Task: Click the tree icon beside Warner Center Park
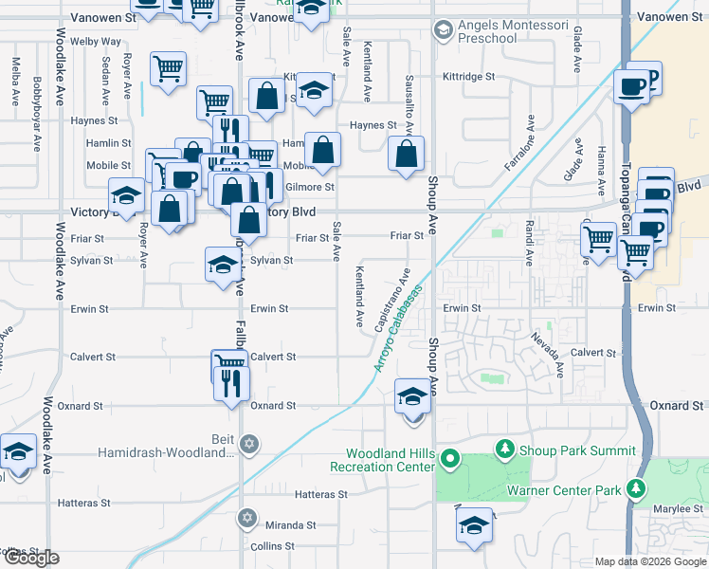(636, 489)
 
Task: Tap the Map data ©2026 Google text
(649, 561)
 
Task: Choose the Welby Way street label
(102, 42)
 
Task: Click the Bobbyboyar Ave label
(37, 93)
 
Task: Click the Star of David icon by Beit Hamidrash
(250, 444)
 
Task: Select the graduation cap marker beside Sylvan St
(222, 264)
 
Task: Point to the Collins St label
(275, 546)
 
